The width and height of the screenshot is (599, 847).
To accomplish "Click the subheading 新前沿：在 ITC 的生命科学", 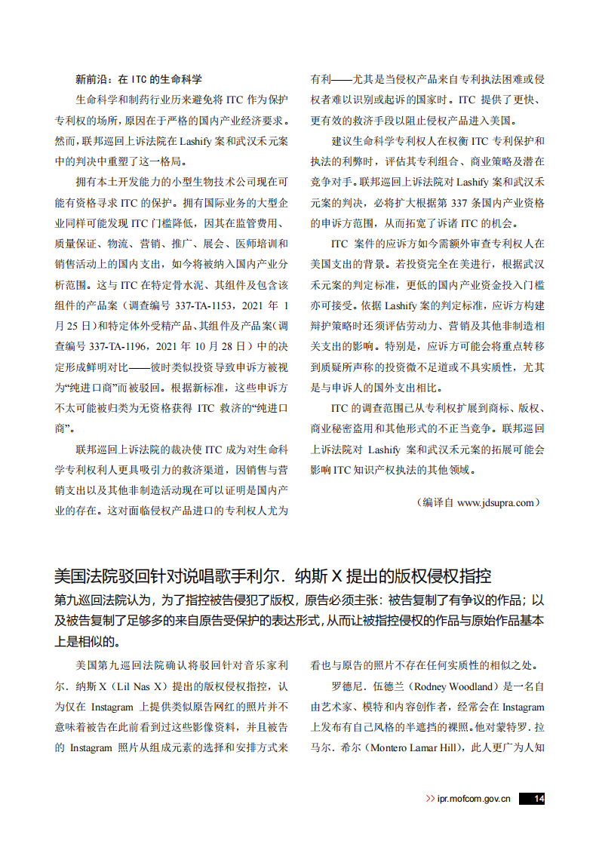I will pyautogui.click(x=139, y=78).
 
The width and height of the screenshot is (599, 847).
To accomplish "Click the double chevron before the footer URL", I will pyautogui.click(x=430, y=799).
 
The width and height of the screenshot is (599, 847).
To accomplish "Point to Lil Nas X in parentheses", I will pyautogui.click(x=135, y=687).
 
